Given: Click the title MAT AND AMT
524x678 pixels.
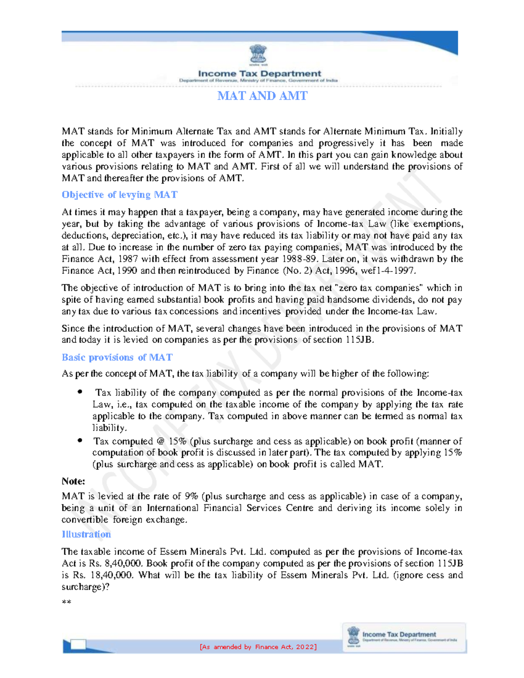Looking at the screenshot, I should (262, 96).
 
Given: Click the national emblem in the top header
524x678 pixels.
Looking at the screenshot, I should (258, 55).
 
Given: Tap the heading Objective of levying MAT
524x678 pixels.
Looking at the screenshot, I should (119, 195).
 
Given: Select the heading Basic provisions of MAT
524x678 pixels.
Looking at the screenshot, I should (117, 358).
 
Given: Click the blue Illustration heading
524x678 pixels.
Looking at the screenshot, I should (86, 534).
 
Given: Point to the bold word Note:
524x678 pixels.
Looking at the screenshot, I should (73, 481).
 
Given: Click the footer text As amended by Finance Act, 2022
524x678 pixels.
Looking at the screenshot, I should (258, 647).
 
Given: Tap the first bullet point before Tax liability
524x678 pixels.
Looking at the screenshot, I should (80, 392).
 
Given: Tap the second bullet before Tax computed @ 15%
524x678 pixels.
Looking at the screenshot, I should (80, 441).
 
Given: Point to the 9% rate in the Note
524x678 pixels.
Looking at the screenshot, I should (191, 496).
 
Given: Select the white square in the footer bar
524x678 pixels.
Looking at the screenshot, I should (78, 644).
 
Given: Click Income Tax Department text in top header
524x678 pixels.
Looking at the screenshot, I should (259, 74).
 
